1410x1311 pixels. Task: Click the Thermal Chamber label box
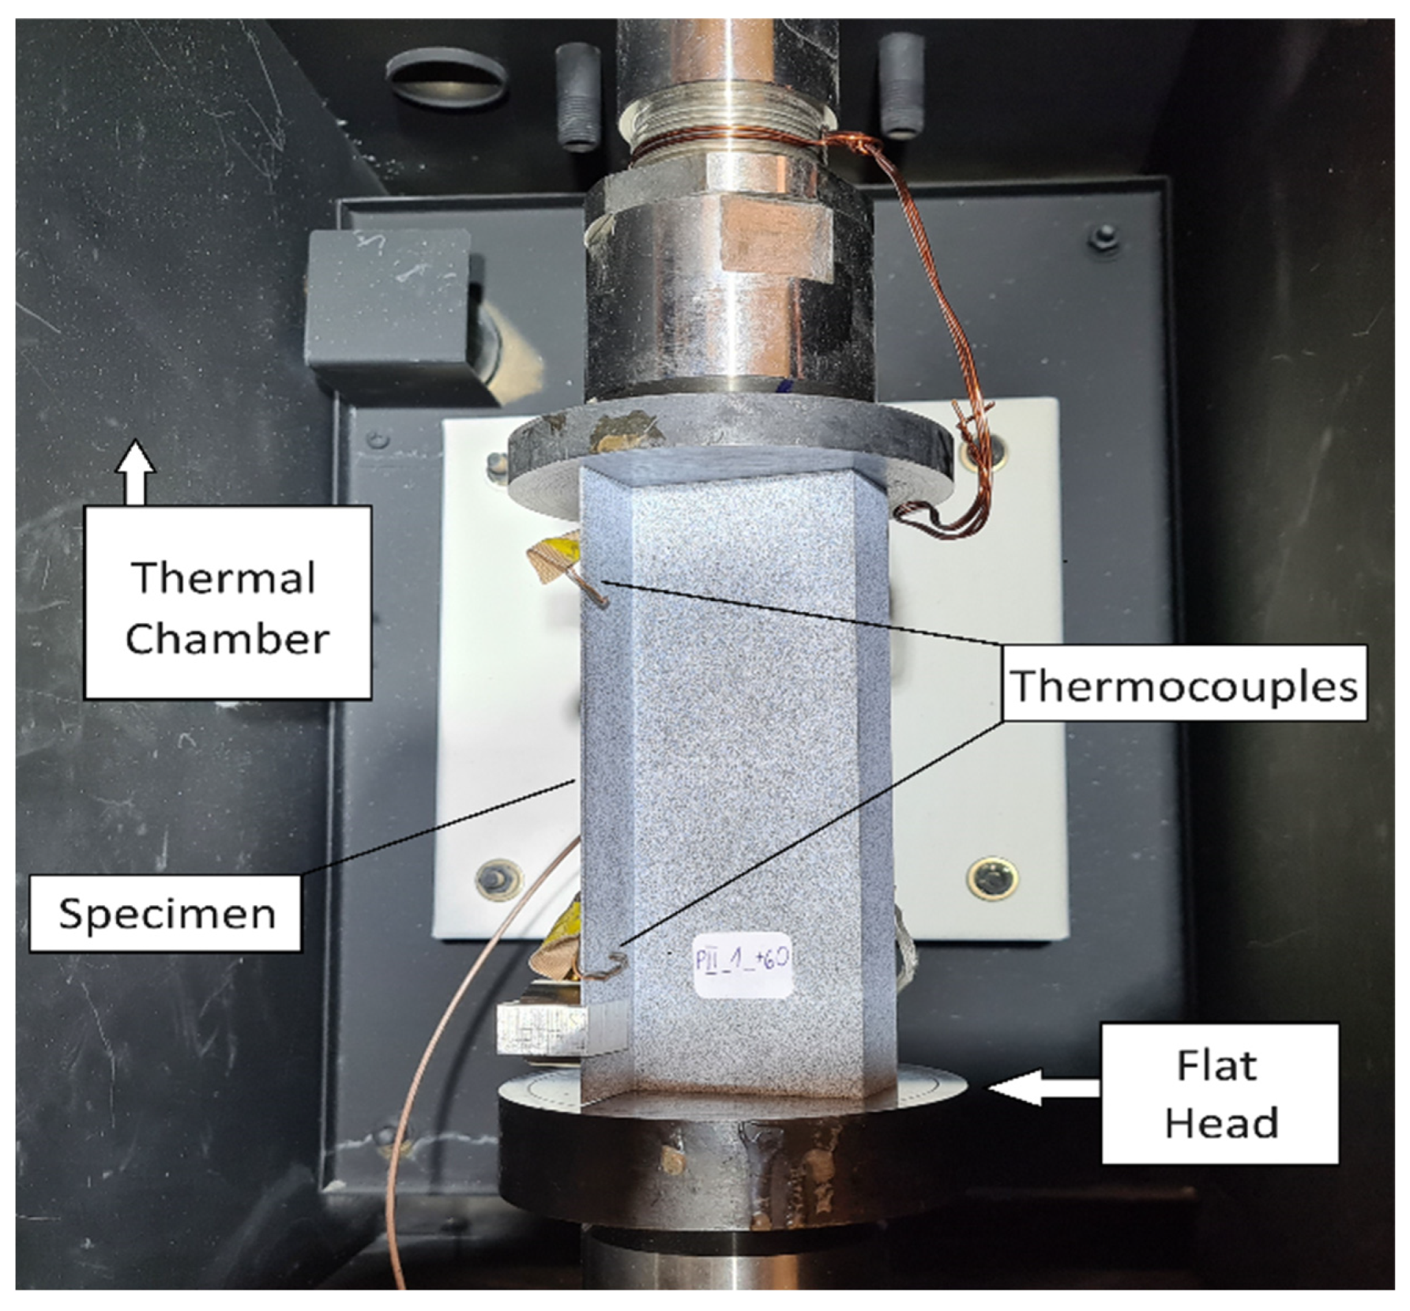(227, 603)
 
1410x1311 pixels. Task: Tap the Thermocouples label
(1184, 684)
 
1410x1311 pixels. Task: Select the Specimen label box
(166, 914)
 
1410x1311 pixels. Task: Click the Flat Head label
(1220, 1094)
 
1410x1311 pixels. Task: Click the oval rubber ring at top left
(447, 79)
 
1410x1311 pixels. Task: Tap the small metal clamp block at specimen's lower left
(545, 1027)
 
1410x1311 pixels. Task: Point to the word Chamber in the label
(227, 638)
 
